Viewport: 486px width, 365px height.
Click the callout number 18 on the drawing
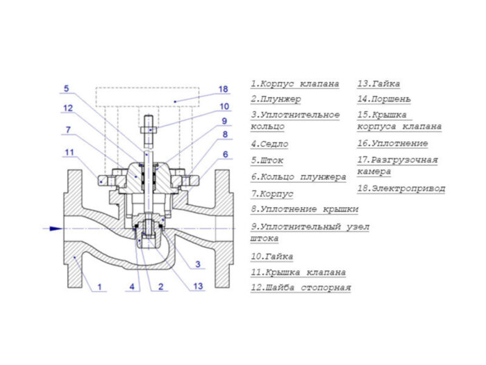223,89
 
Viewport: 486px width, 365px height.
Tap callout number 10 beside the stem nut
224,106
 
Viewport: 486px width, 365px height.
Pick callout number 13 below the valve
198,286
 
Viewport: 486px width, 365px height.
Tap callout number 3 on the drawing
198,264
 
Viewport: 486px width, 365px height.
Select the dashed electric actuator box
147,97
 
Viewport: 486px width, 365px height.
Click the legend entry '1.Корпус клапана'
295,84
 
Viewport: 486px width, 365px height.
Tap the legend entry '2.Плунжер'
276,99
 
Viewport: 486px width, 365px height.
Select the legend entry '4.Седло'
269,144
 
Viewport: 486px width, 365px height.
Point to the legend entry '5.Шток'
267,161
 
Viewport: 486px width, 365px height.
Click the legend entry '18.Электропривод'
401,188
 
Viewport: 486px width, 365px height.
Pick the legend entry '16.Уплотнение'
392,144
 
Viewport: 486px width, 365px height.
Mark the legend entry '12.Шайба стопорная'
301,288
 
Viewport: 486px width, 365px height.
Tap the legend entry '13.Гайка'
378,84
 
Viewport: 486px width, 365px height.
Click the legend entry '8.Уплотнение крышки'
305,209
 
